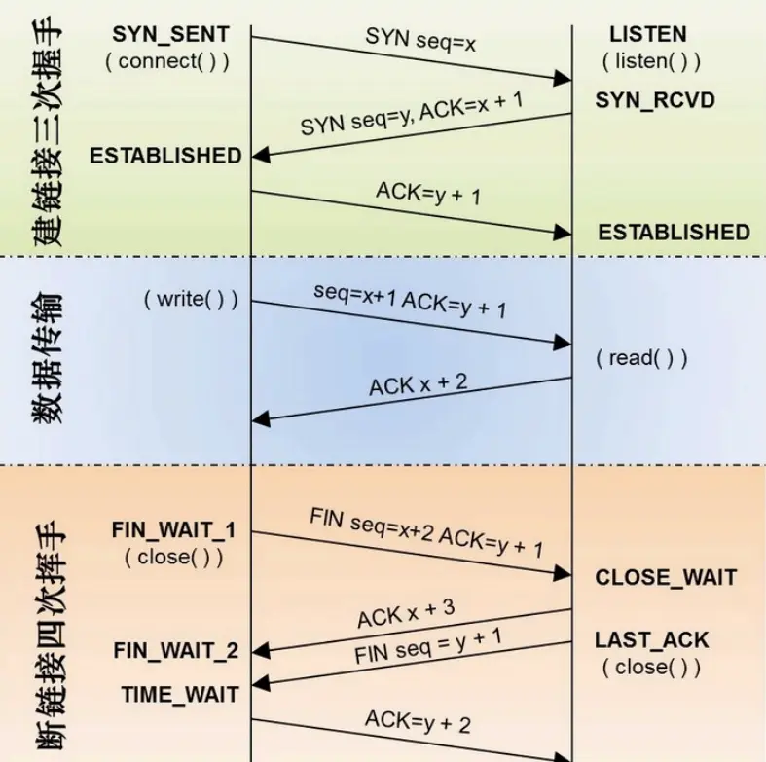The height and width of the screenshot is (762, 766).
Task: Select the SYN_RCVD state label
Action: pyautogui.click(x=654, y=100)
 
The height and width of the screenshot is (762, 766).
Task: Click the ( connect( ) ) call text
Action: pyautogui.click(x=167, y=61)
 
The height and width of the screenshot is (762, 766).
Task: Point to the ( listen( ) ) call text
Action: pyautogui.click(x=650, y=61)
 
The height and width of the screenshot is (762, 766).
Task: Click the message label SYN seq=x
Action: pyautogui.click(x=420, y=41)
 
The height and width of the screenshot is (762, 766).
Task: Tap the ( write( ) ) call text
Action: pyautogui.click(x=190, y=299)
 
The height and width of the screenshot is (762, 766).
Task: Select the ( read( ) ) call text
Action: pyautogui.click(x=641, y=357)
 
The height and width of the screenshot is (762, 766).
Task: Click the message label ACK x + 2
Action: pyautogui.click(x=418, y=382)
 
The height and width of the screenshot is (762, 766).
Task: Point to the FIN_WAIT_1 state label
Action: pyautogui.click(x=173, y=531)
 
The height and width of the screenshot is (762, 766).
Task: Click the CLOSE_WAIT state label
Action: pyautogui.click(x=666, y=577)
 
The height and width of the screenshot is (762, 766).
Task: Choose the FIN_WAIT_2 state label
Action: pyautogui.click(x=175, y=650)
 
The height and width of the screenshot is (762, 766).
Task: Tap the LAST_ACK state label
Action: pyautogui.click(x=651, y=640)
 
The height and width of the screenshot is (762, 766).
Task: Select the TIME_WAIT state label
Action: pyautogui.click(x=179, y=694)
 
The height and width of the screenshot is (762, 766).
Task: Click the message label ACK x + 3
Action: pyautogui.click(x=406, y=614)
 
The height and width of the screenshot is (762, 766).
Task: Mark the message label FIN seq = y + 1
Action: pyautogui.click(x=427, y=646)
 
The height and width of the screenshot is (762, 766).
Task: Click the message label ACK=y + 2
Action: pyautogui.click(x=418, y=722)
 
